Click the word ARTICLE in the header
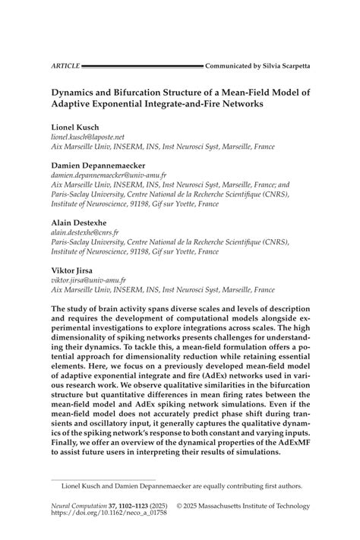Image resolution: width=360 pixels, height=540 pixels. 65,67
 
